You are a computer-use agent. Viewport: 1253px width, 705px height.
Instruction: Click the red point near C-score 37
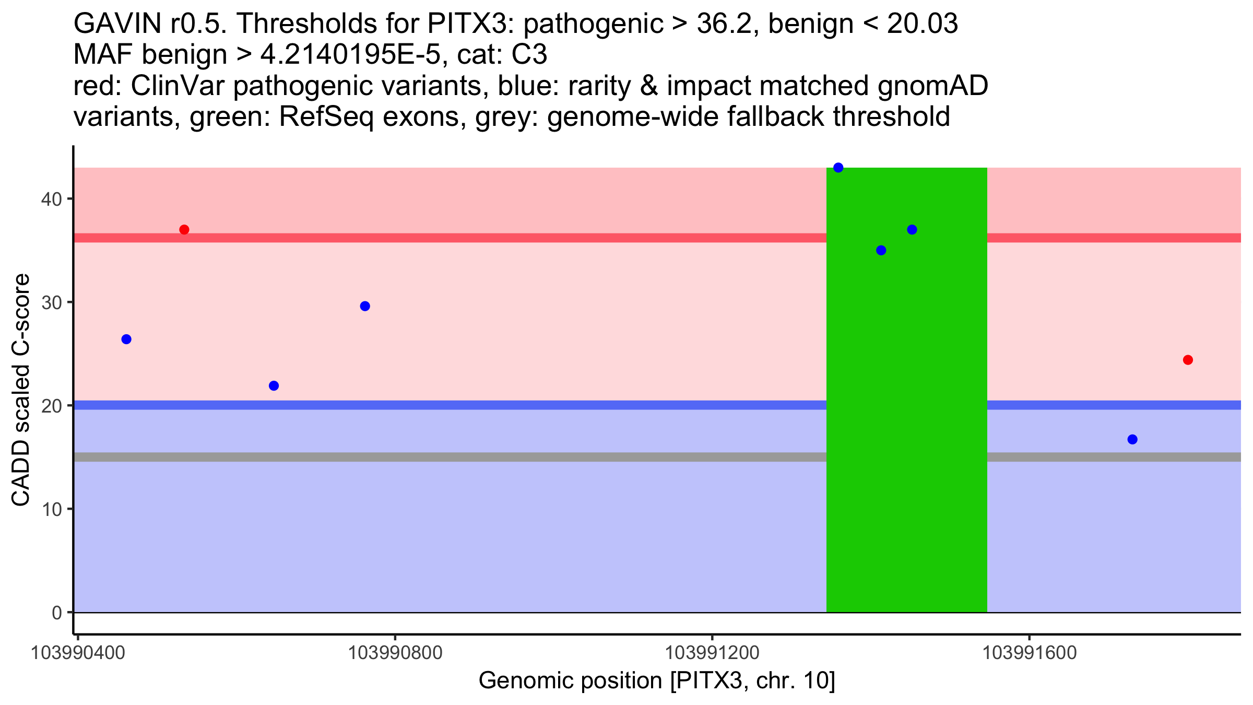tap(184, 230)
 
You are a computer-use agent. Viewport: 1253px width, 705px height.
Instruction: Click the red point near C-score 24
tap(1188, 360)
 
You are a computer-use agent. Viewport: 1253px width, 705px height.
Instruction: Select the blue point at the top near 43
tap(838, 168)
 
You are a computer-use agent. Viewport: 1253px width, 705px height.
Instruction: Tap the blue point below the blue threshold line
tap(1132, 439)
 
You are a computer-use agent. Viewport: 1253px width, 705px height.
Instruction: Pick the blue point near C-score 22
tap(274, 386)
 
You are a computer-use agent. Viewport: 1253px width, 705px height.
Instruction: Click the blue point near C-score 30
tap(365, 306)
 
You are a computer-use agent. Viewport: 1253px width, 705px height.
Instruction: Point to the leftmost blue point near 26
tap(126, 339)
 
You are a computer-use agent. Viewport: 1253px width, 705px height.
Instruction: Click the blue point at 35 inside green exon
tap(881, 251)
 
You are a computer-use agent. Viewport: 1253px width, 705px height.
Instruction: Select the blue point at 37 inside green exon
tap(912, 230)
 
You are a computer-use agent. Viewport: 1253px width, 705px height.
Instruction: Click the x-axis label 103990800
tap(395, 653)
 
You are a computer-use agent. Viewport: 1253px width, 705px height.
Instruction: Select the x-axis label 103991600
tap(1030, 653)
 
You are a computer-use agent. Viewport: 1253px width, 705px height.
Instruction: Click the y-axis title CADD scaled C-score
tap(21, 390)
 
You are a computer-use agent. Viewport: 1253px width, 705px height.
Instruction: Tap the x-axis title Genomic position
tap(657, 680)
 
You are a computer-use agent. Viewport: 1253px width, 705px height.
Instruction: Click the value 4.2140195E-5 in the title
tap(350, 55)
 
